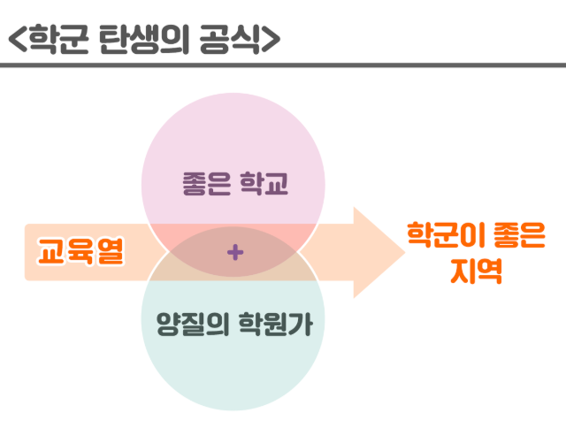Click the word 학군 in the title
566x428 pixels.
pos(58,38)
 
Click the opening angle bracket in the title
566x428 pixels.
pos(16,39)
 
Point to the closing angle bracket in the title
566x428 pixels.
pos(272,39)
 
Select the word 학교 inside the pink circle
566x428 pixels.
pos(264,187)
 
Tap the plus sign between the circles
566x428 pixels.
pos(234,253)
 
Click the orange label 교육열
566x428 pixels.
pos(80,252)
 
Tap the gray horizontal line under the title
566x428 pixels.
pos(283,65)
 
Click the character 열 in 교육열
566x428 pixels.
pos(109,252)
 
